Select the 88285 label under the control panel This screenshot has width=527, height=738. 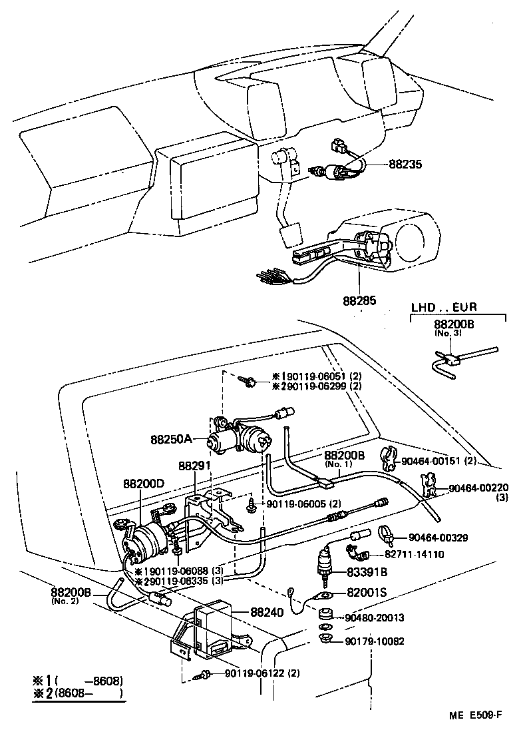(360, 300)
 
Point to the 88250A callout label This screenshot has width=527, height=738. (171, 439)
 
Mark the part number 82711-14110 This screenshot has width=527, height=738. (415, 553)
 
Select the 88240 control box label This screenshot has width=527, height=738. (267, 611)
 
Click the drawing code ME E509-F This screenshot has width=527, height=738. (474, 716)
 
